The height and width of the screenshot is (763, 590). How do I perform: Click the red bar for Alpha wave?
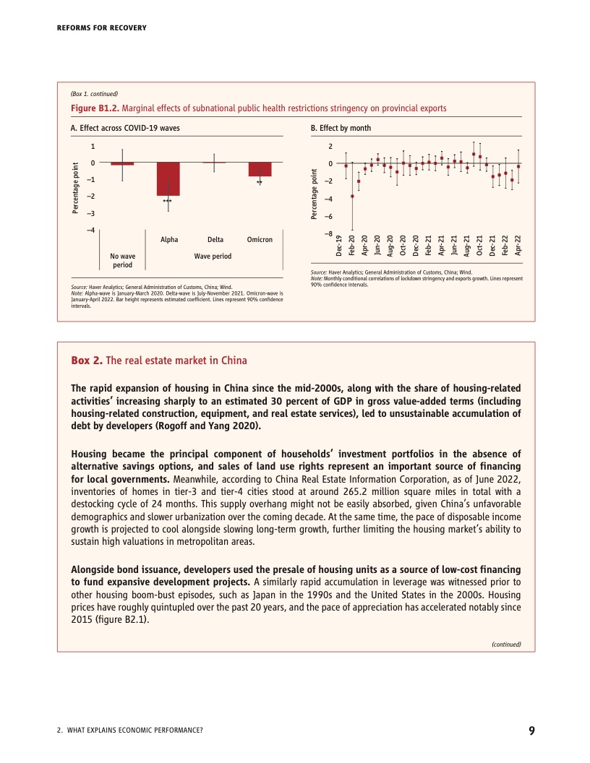pyautogui.click(x=168, y=178)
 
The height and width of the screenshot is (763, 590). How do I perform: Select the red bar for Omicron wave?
pyautogui.click(x=260, y=169)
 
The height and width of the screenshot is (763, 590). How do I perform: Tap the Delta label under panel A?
pyautogui.click(x=215, y=239)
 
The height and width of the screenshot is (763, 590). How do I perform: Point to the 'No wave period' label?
pyautogui.click(x=122, y=260)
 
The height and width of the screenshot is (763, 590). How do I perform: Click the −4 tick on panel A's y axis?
pyautogui.click(x=90, y=230)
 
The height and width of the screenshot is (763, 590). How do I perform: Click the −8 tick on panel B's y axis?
pyautogui.click(x=329, y=233)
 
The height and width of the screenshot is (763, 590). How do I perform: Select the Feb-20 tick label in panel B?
pyautogui.click(x=352, y=246)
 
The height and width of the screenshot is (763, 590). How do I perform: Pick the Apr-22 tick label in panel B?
pyautogui.click(x=518, y=246)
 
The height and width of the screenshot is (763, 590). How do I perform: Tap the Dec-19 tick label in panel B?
pyautogui.click(x=340, y=246)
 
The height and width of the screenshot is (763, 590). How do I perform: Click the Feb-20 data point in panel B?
pyautogui.click(x=352, y=196)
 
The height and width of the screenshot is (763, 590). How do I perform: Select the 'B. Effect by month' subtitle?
pyautogui.click(x=340, y=128)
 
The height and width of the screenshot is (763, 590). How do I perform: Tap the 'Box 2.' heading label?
pyautogui.click(x=87, y=361)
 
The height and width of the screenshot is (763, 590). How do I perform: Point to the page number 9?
pyautogui.click(x=531, y=730)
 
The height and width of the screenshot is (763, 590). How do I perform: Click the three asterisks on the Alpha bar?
pyautogui.click(x=168, y=201)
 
